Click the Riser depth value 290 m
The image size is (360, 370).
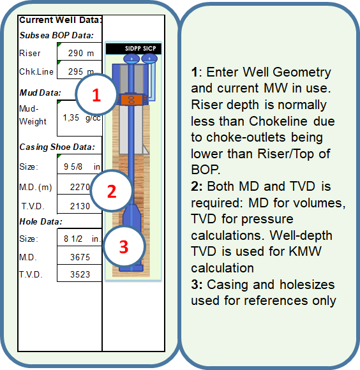click(x=81, y=53)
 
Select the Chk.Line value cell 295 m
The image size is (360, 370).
click(x=81, y=71)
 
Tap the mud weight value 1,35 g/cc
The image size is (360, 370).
click(x=82, y=117)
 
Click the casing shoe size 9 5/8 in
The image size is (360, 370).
click(x=82, y=166)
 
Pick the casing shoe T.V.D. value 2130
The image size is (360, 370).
click(x=80, y=206)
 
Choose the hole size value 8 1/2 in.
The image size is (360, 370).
click(x=82, y=239)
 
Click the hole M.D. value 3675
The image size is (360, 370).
click(x=80, y=257)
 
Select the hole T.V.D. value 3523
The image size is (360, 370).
click(x=80, y=274)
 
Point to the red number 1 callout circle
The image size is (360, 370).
click(x=96, y=94)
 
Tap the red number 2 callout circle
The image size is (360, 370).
click(x=112, y=191)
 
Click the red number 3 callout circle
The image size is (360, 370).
click(x=124, y=246)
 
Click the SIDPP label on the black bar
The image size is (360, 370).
click(x=133, y=48)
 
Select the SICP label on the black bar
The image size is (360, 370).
click(x=149, y=48)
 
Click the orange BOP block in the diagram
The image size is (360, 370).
click(x=131, y=100)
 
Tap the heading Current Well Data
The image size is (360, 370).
click(x=61, y=20)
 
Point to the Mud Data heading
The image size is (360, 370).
click(x=40, y=93)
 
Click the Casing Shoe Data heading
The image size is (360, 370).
click(x=57, y=147)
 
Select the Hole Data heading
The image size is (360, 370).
click(x=41, y=221)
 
